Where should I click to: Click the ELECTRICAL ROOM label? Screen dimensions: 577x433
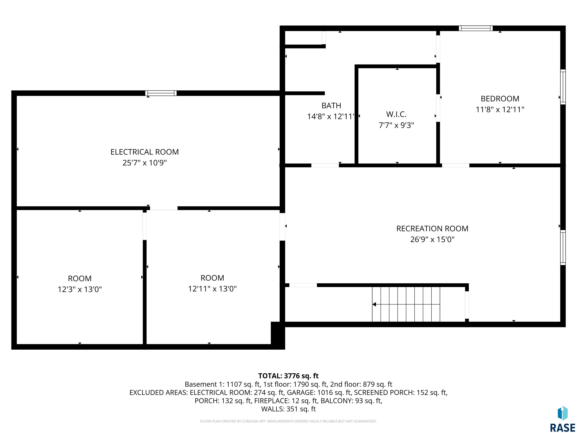[x=144, y=152]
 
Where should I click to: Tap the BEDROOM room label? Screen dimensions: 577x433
[x=500, y=99]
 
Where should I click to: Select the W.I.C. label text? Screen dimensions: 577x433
[x=396, y=114]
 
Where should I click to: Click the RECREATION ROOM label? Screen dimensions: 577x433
[x=432, y=229]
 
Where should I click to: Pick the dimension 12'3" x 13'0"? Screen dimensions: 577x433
[x=80, y=289]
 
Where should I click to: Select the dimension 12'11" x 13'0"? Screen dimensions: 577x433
[x=212, y=289]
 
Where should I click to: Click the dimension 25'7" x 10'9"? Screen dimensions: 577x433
[x=144, y=163]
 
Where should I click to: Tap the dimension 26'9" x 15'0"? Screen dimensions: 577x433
[x=432, y=239]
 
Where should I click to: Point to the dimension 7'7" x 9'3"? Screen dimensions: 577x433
[x=396, y=125]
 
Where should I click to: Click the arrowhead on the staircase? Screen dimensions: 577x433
[x=374, y=304]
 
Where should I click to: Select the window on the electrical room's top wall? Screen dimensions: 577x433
[x=161, y=93]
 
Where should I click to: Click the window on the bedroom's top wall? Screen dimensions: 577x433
[x=476, y=28]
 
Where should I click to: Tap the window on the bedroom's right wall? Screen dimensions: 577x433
[x=563, y=87]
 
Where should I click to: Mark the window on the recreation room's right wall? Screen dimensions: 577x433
[x=563, y=248]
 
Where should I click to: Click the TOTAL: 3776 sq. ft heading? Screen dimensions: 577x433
[x=288, y=376]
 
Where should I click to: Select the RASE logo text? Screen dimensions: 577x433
[x=563, y=428]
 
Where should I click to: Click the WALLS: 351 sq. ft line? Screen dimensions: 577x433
[x=288, y=409]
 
